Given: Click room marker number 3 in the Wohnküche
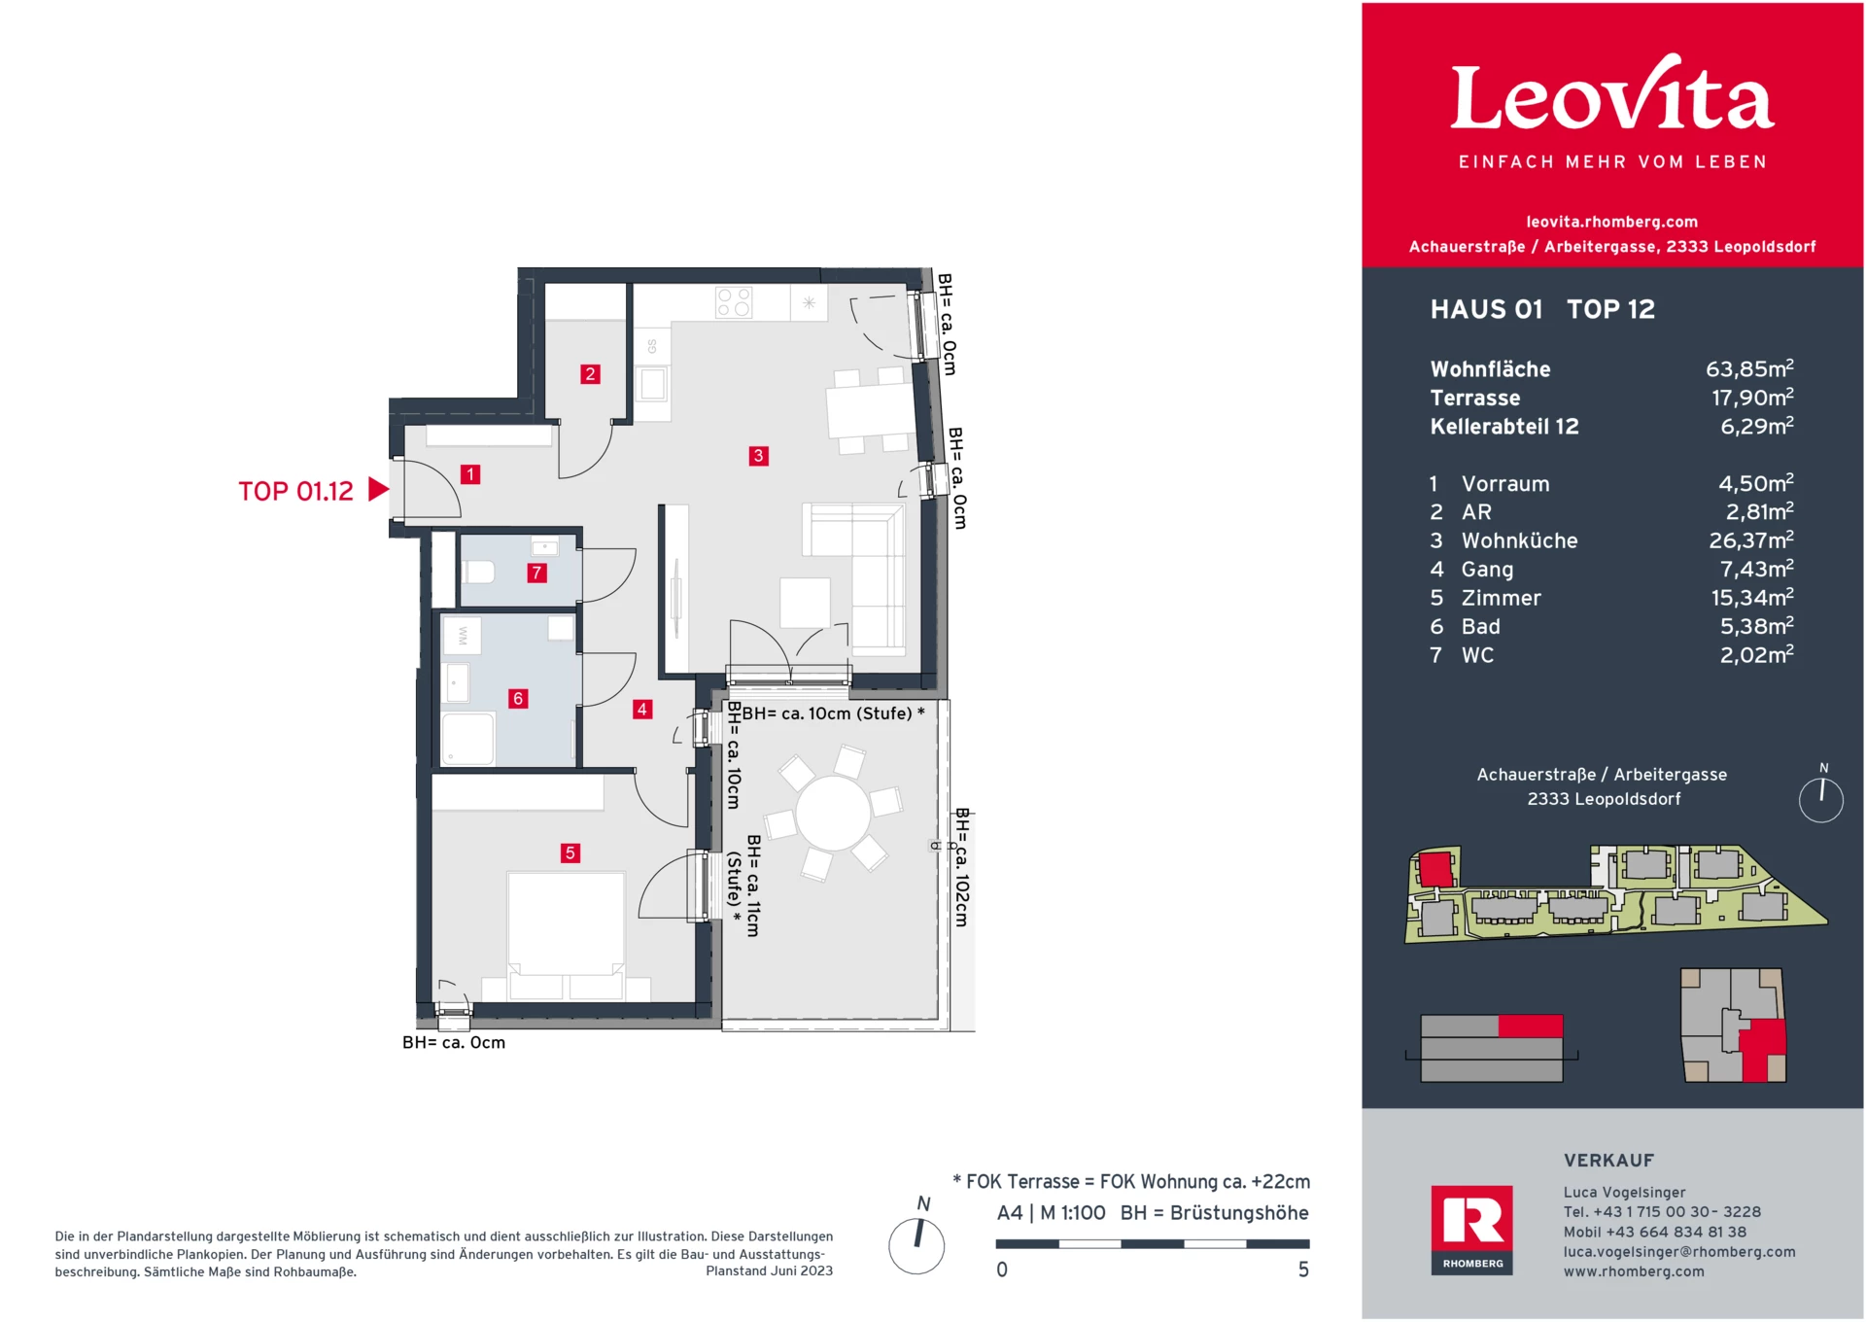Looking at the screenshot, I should point(758,456).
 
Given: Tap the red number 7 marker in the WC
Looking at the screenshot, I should point(536,574).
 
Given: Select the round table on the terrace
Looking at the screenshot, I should point(833,815).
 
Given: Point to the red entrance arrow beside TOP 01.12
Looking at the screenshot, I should point(379,490).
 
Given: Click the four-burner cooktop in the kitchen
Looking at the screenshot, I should point(734,302).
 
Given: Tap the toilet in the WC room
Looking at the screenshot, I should point(478,571).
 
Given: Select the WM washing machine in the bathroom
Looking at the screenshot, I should point(463,636).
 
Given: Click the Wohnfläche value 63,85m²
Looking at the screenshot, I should point(1748,369).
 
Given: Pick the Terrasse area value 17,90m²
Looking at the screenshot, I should point(1751,398).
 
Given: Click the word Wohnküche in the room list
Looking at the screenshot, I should point(1519,540).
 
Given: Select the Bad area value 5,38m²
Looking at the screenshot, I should point(1755,627).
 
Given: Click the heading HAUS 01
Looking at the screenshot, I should point(1486,309).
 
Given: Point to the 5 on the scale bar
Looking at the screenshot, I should point(1303,1270).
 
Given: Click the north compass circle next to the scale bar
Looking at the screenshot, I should point(916,1245).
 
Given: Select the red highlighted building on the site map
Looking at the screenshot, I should point(1434,867).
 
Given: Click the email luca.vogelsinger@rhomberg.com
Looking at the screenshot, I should point(1678,1252).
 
